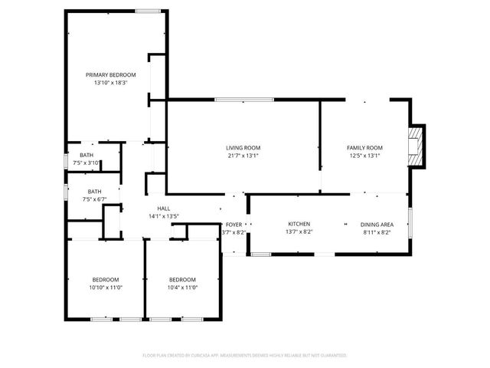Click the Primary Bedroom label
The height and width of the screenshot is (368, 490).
(x=110, y=74)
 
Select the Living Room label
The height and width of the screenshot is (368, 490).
(x=243, y=148)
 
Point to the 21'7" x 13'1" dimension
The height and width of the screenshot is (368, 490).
(x=243, y=156)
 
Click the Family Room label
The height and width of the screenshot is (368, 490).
(x=364, y=148)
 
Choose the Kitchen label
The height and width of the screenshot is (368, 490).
(x=299, y=224)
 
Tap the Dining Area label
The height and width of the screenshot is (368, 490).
(x=377, y=224)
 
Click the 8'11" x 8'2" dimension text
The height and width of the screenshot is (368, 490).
(x=377, y=232)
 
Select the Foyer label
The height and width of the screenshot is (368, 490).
(x=234, y=224)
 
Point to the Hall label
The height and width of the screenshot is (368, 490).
(x=164, y=208)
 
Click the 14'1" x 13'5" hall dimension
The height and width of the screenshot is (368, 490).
(x=164, y=216)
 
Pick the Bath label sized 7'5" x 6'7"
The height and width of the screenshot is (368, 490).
(x=94, y=192)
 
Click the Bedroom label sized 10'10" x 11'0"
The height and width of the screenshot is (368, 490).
(x=106, y=279)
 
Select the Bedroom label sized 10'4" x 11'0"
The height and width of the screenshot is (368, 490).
(x=182, y=279)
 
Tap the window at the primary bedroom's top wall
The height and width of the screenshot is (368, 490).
(x=148, y=10)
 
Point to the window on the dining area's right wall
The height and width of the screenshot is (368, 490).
(x=410, y=222)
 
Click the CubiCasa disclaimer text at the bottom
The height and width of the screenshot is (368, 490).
(x=245, y=356)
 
